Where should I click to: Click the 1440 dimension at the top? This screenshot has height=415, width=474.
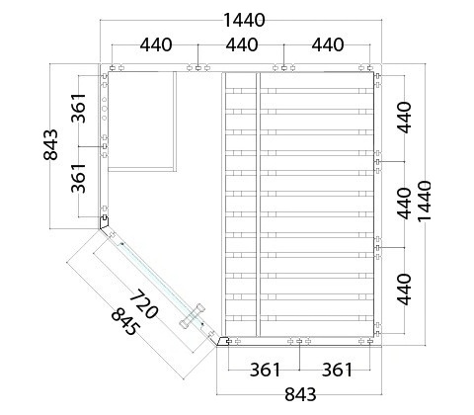(x=244, y=21)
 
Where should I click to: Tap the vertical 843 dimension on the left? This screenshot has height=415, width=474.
(x=50, y=145)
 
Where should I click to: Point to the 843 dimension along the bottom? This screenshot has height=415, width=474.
(x=300, y=394)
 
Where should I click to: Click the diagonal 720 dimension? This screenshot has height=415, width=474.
(x=143, y=304)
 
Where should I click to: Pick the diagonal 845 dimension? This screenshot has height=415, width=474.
(x=125, y=322)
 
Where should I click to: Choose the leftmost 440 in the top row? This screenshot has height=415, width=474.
(x=156, y=45)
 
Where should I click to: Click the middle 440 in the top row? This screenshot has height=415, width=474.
(x=242, y=45)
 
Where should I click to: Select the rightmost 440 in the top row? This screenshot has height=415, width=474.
(x=328, y=45)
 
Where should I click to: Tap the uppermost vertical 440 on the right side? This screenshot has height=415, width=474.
(x=405, y=118)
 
